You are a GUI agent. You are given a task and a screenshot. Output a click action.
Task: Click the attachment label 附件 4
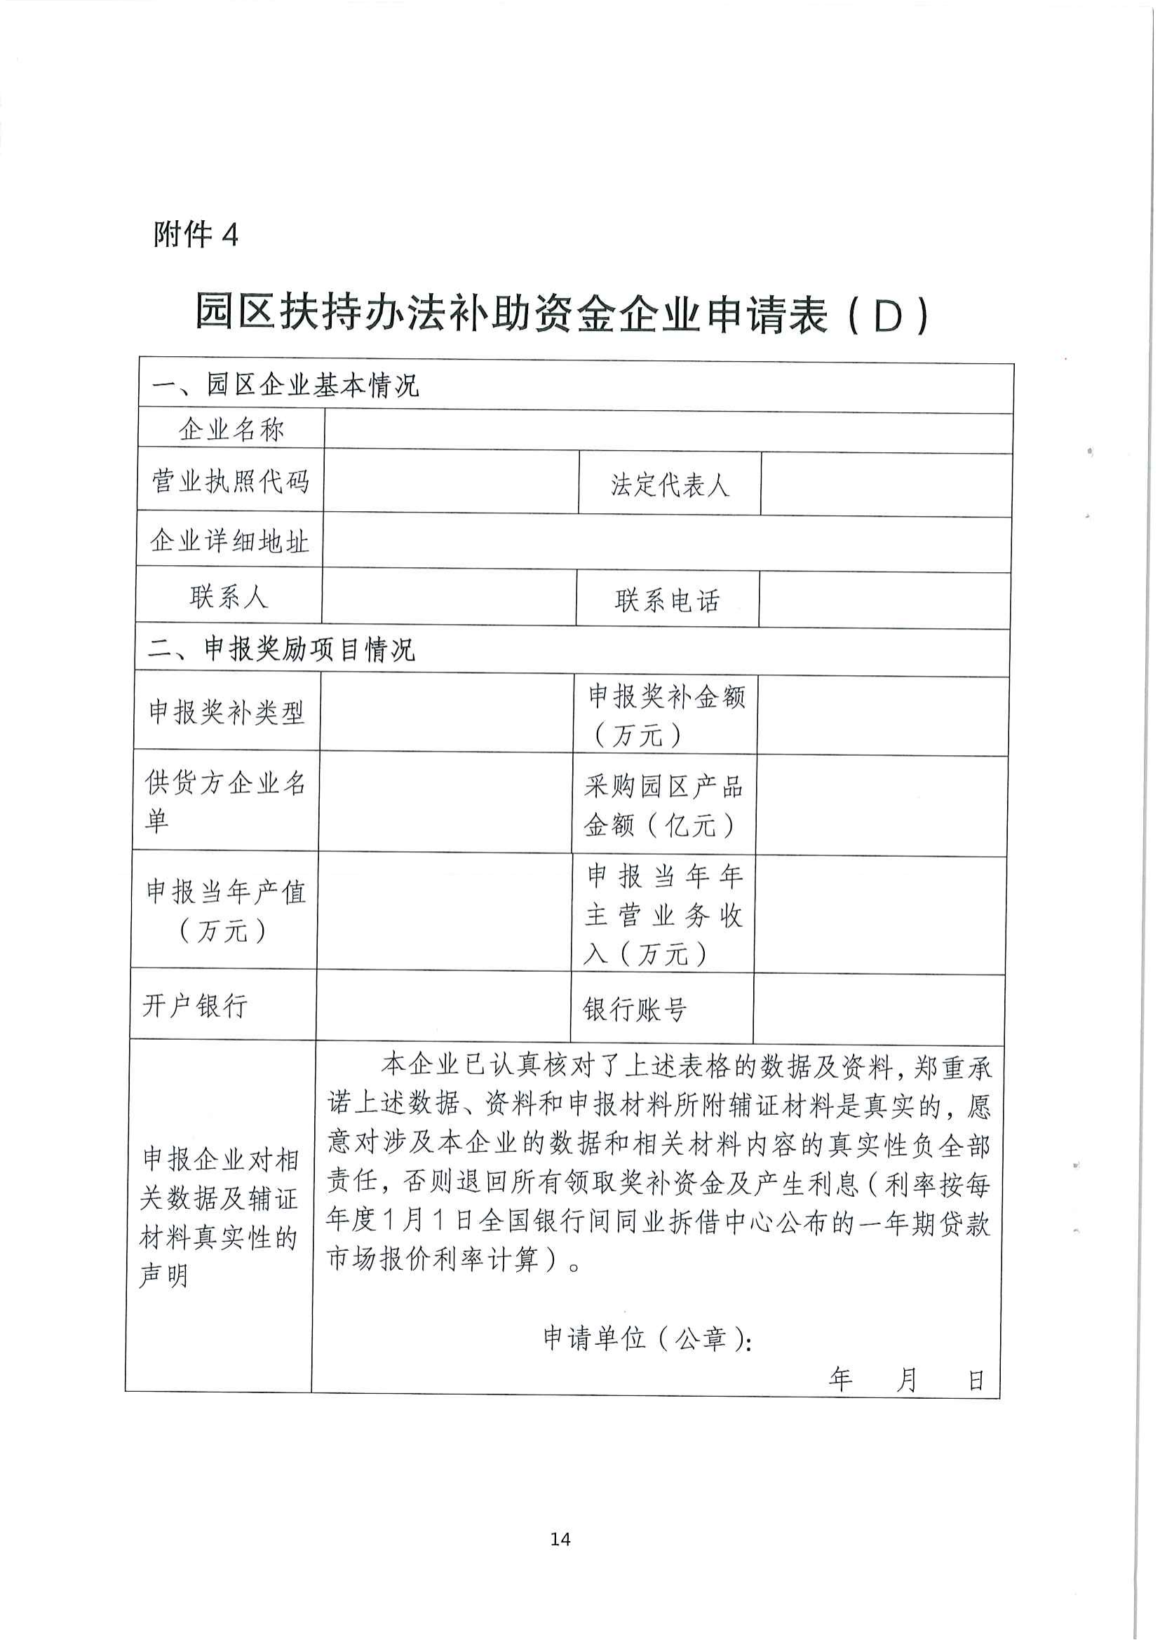pos(195,234)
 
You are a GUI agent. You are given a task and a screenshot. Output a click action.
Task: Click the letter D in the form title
pos(889,317)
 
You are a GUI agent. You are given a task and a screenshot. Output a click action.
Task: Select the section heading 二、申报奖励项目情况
pos(282,649)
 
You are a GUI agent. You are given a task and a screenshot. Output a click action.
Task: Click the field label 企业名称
pos(231,429)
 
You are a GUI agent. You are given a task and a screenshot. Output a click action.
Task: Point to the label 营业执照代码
pos(230,481)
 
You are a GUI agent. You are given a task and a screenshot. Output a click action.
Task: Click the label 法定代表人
pos(669,485)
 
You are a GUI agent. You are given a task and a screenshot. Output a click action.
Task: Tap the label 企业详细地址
pos(229,541)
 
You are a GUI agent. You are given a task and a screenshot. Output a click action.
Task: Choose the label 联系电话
pos(667,601)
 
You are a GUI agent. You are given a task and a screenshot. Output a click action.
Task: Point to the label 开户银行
pos(195,1005)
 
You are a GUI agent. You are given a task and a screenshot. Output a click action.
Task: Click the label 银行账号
pos(635,1009)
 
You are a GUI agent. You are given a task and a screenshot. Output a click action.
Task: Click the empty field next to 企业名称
pos(668,431)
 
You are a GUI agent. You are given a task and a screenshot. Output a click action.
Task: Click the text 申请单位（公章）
pos(646,1337)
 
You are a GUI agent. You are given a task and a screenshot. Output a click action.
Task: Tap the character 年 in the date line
pos(841,1378)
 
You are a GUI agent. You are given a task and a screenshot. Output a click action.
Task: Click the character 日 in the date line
pos(976,1380)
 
